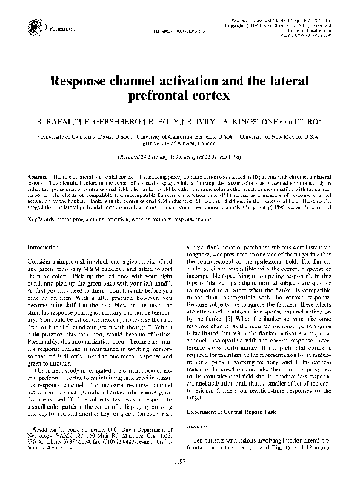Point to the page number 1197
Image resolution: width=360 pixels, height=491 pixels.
[180, 479]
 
